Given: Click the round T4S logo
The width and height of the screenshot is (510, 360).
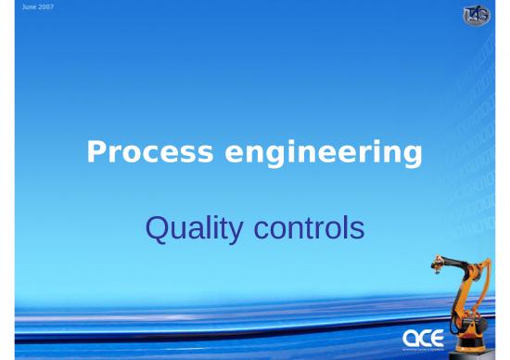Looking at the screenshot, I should pos(477,16).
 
